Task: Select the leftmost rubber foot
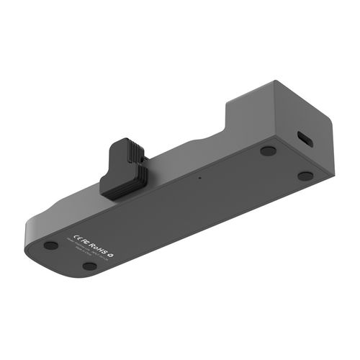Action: pos(50,245)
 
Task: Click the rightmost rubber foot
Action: pos(305,176)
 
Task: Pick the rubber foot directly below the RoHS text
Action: pos(89,266)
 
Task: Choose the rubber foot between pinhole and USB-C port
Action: pos(268,151)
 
